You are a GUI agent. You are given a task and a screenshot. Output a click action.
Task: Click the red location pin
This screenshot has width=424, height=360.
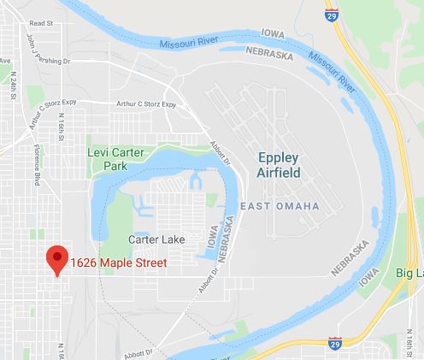(57, 259)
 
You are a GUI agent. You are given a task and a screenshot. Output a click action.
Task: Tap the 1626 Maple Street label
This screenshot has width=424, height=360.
(118, 262)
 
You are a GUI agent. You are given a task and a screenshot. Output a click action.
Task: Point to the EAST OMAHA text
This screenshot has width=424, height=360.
(280, 207)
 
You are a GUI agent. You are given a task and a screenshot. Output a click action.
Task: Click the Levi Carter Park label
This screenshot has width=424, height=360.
(115, 158)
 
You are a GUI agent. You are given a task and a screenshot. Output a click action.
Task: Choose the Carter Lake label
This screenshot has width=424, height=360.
(156, 239)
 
